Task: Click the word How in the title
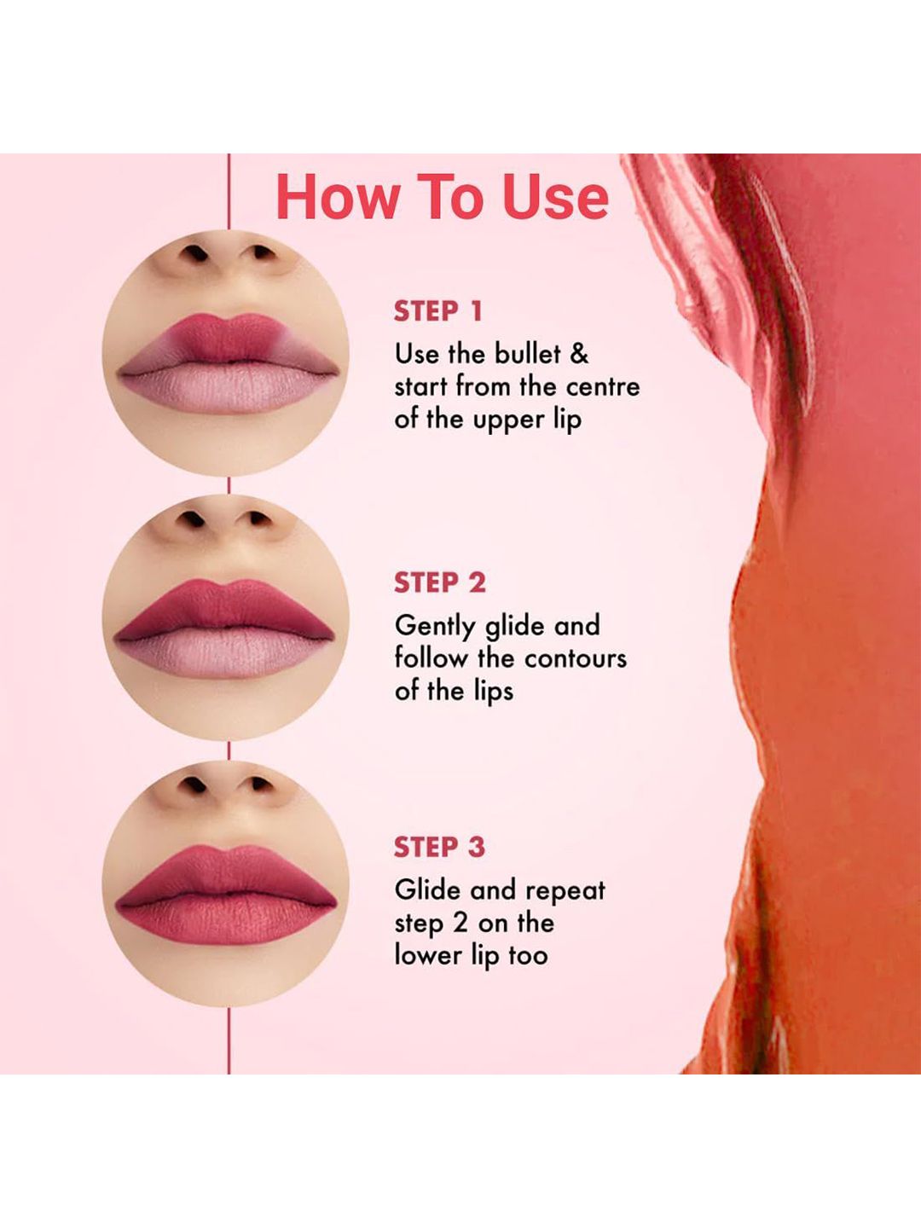(x=339, y=197)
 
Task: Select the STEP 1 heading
(x=437, y=311)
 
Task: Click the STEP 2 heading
(x=440, y=583)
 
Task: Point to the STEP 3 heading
(x=439, y=847)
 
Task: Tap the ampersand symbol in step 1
(x=579, y=355)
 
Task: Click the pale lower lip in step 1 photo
(x=229, y=388)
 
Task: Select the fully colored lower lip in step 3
(x=226, y=918)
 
